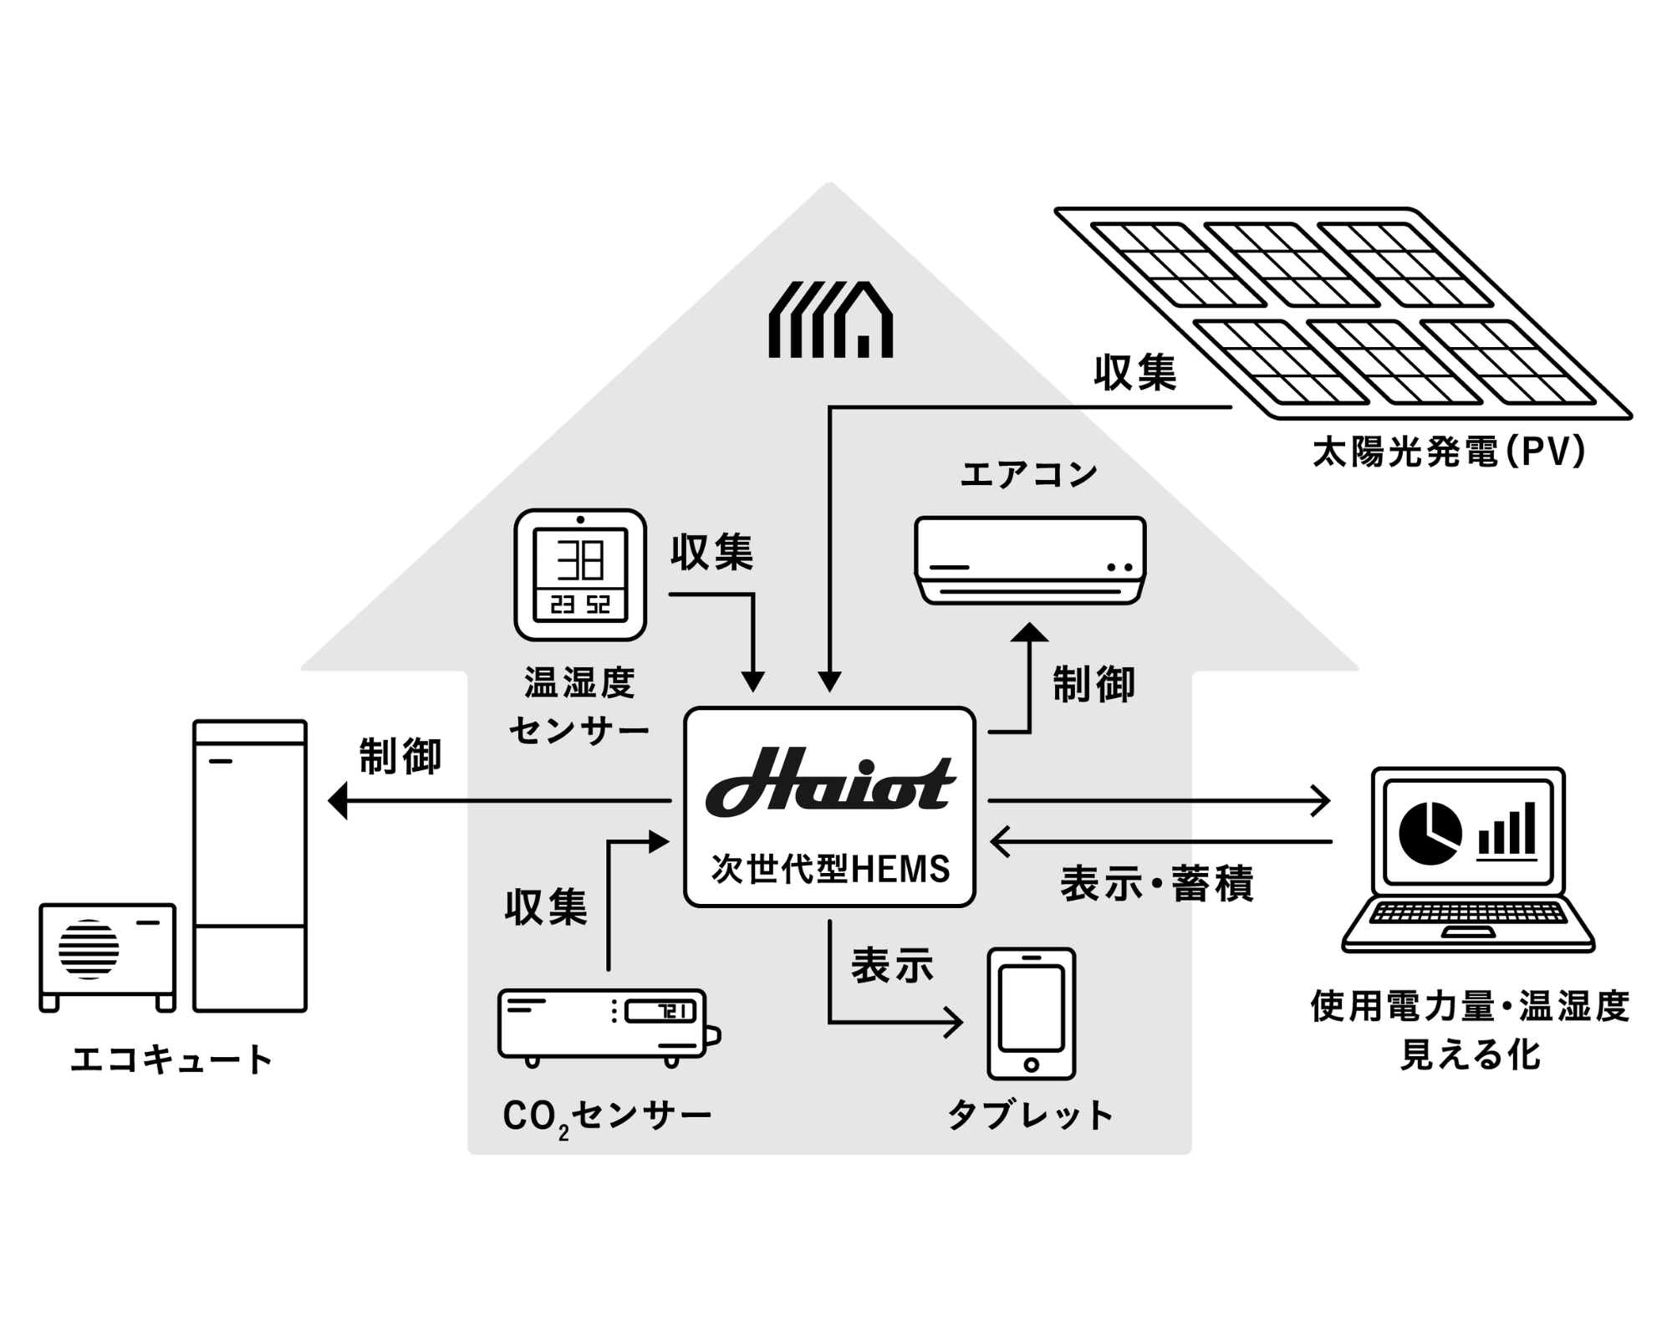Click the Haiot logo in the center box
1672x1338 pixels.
[x=830, y=784]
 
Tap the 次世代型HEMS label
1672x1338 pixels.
[x=830, y=869]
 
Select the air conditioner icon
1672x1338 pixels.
[x=1030, y=559]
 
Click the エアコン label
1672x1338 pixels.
[x=1029, y=475]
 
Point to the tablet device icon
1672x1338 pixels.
[x=1031, y=1013]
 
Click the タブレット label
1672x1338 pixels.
[x=1030, y=1115]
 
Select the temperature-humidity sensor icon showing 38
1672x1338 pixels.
[x=580, y=575]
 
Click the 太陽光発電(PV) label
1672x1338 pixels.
[x=1449, y=452]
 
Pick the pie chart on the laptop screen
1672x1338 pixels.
[x=1430, y=832]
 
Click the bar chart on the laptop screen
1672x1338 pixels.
[x=1506, y=830]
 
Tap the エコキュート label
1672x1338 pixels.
[x=172, y=1060]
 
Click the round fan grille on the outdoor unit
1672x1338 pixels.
[x=89, y=949]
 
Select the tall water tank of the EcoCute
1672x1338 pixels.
[x=250, y=866]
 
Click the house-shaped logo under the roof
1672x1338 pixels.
[x=830, y=320]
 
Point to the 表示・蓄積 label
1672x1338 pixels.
[x=1157, y=884]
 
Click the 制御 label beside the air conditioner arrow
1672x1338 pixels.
[x=1093, y=685]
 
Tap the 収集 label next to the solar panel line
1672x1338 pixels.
[x=1135, y=372]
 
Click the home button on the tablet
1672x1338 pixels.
[x=1031, y=1065]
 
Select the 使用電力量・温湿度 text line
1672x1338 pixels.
[x=1470, y=1006]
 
